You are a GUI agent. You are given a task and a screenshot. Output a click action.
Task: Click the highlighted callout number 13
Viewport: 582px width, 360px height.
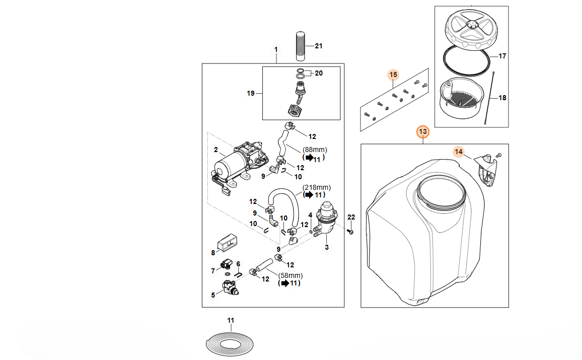423,132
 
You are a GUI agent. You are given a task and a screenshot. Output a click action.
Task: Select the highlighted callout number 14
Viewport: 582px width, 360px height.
458,151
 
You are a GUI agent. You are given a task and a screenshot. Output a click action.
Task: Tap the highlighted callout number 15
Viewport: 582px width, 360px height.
393,75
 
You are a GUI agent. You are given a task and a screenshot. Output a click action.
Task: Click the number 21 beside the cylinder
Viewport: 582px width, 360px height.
318,46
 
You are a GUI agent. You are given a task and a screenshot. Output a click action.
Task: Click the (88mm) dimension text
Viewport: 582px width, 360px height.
315,150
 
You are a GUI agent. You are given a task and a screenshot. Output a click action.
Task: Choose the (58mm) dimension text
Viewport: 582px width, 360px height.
290,275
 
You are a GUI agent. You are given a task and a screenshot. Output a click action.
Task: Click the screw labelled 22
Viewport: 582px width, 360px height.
351,231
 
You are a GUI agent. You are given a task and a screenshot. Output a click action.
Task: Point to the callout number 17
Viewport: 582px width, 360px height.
502,56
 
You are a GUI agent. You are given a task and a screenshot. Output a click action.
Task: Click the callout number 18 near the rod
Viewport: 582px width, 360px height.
502,98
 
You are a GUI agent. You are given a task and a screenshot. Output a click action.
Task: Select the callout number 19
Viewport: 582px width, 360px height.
251,93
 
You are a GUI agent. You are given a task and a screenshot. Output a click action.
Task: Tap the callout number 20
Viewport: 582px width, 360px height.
318,73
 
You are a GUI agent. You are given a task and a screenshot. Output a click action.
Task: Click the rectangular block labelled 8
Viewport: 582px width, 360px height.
228,243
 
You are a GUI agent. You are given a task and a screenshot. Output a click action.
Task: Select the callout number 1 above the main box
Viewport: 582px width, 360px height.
276,49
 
